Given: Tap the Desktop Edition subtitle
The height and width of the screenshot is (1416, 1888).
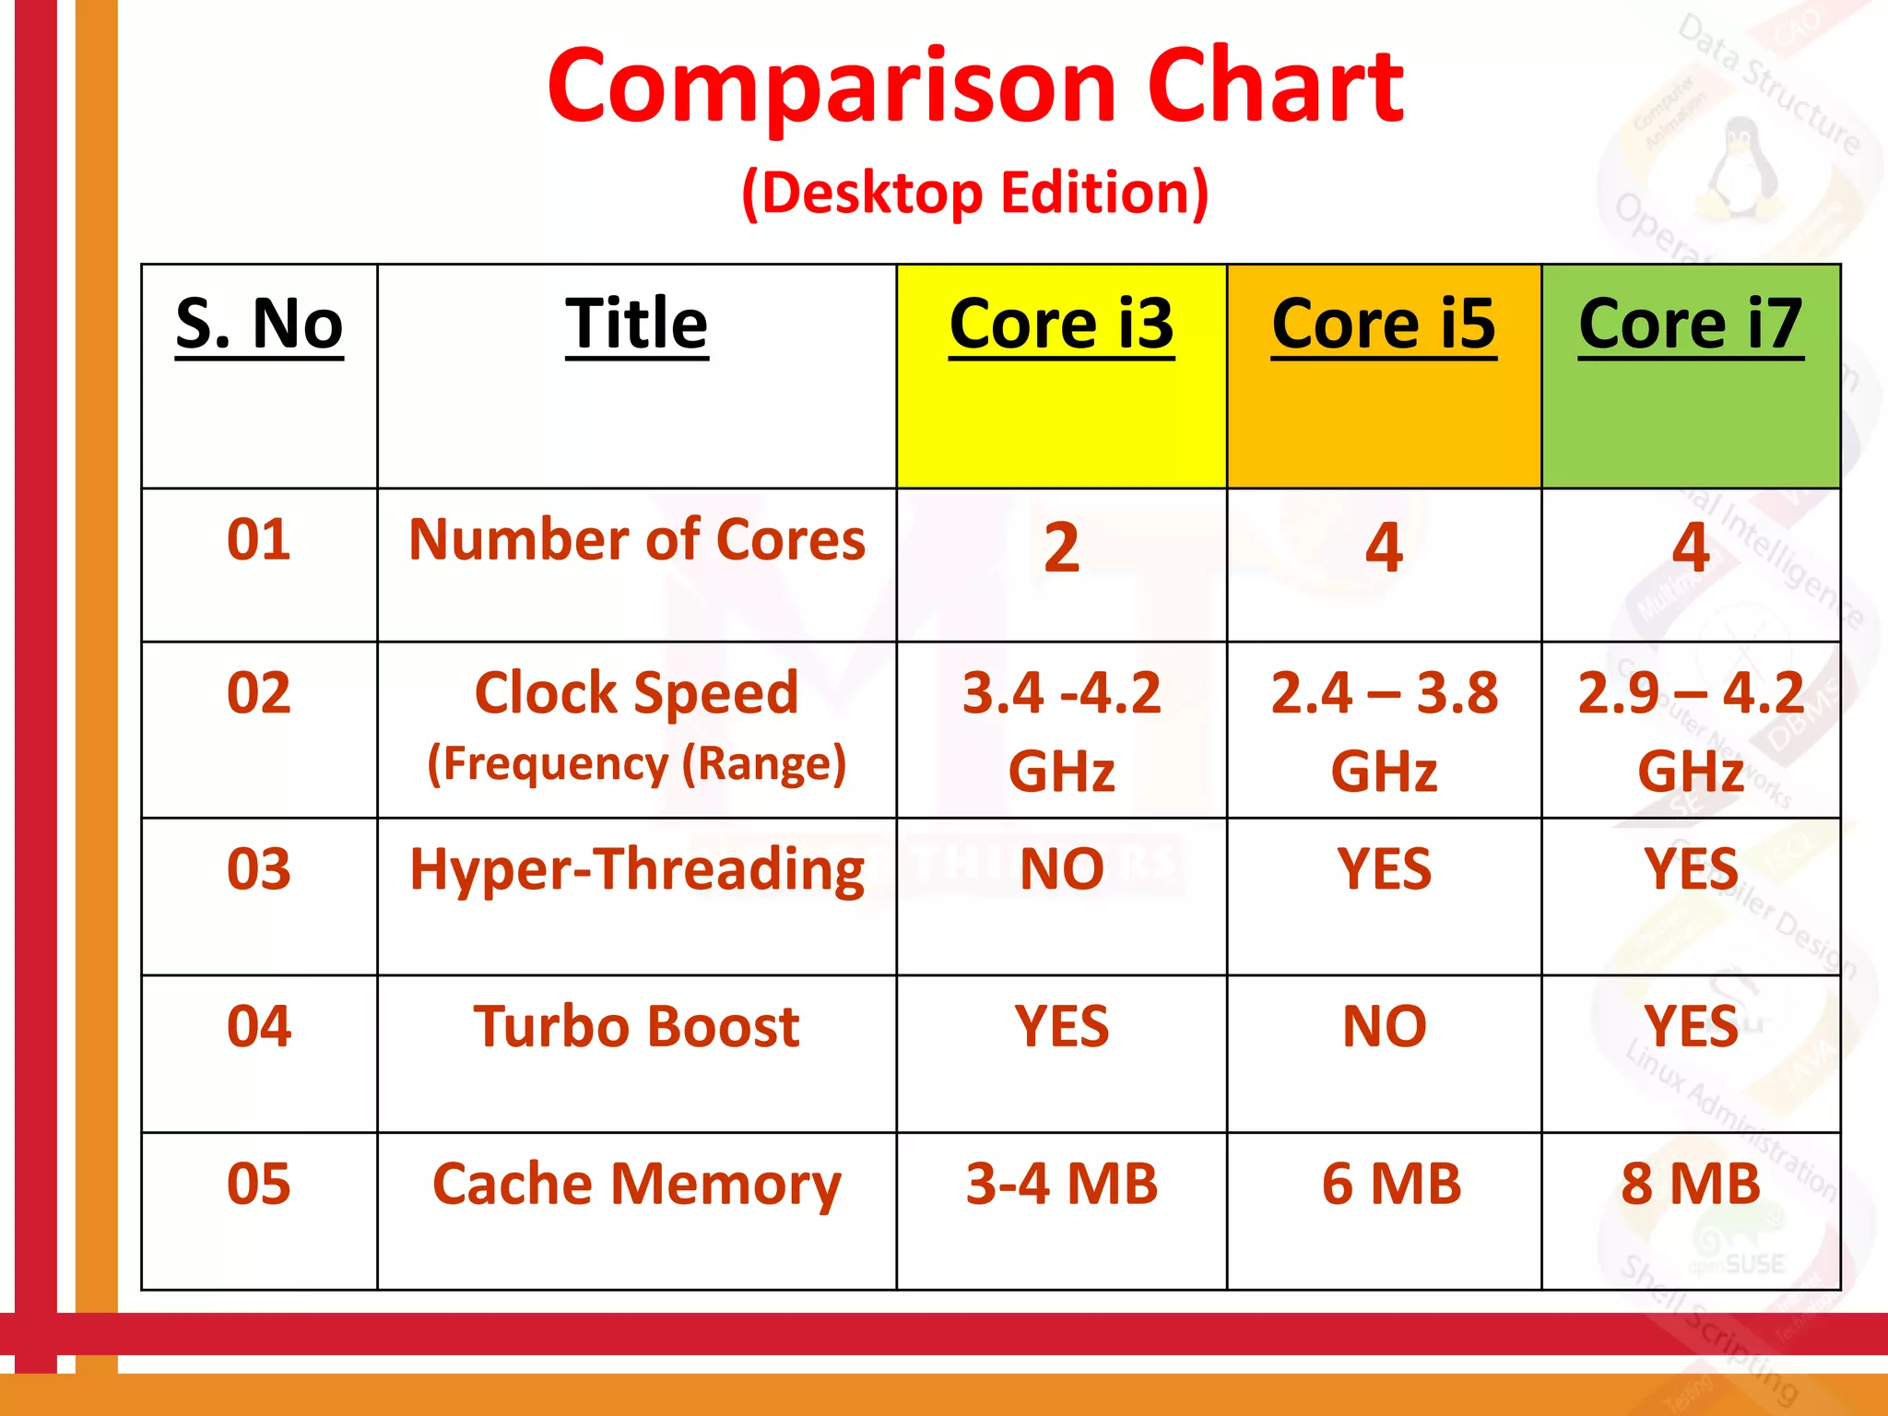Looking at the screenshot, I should pos(974,193).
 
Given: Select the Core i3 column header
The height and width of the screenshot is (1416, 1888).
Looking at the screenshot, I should pos(1061,324).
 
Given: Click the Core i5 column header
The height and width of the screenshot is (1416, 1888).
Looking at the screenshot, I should pos(1383,324).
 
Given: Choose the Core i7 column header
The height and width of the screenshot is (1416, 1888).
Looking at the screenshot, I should pos(1690,324).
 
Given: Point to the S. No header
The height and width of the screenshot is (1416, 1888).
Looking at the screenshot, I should pos(259,324).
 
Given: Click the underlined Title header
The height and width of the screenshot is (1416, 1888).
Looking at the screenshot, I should pos(636,324).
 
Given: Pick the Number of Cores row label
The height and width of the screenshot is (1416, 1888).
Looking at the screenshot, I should pos(636,539).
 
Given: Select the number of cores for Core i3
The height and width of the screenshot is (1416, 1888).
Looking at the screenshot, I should pos(1061,548).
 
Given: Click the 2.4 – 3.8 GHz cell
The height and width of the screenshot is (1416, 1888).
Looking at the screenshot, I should pos(1383,730).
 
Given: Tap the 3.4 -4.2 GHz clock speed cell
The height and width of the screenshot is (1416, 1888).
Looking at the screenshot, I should pos(1061,730).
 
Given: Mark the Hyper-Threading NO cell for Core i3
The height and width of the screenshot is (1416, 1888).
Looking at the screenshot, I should pos(1061,868).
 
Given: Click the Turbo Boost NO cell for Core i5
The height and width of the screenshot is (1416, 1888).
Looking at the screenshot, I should pos(1383,1026).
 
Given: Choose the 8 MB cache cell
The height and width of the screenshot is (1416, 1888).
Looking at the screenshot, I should pos(1690,1184).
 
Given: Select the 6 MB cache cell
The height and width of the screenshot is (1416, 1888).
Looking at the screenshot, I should pos(1390,1184).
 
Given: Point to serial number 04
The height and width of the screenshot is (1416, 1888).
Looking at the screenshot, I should pos(259,1026).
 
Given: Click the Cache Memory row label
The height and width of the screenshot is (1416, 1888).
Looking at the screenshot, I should pos(636,1184).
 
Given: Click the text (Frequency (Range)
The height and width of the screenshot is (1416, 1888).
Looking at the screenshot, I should pos(636,764).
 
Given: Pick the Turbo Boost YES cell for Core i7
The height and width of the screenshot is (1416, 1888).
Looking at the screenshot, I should pos(1690,1026).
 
